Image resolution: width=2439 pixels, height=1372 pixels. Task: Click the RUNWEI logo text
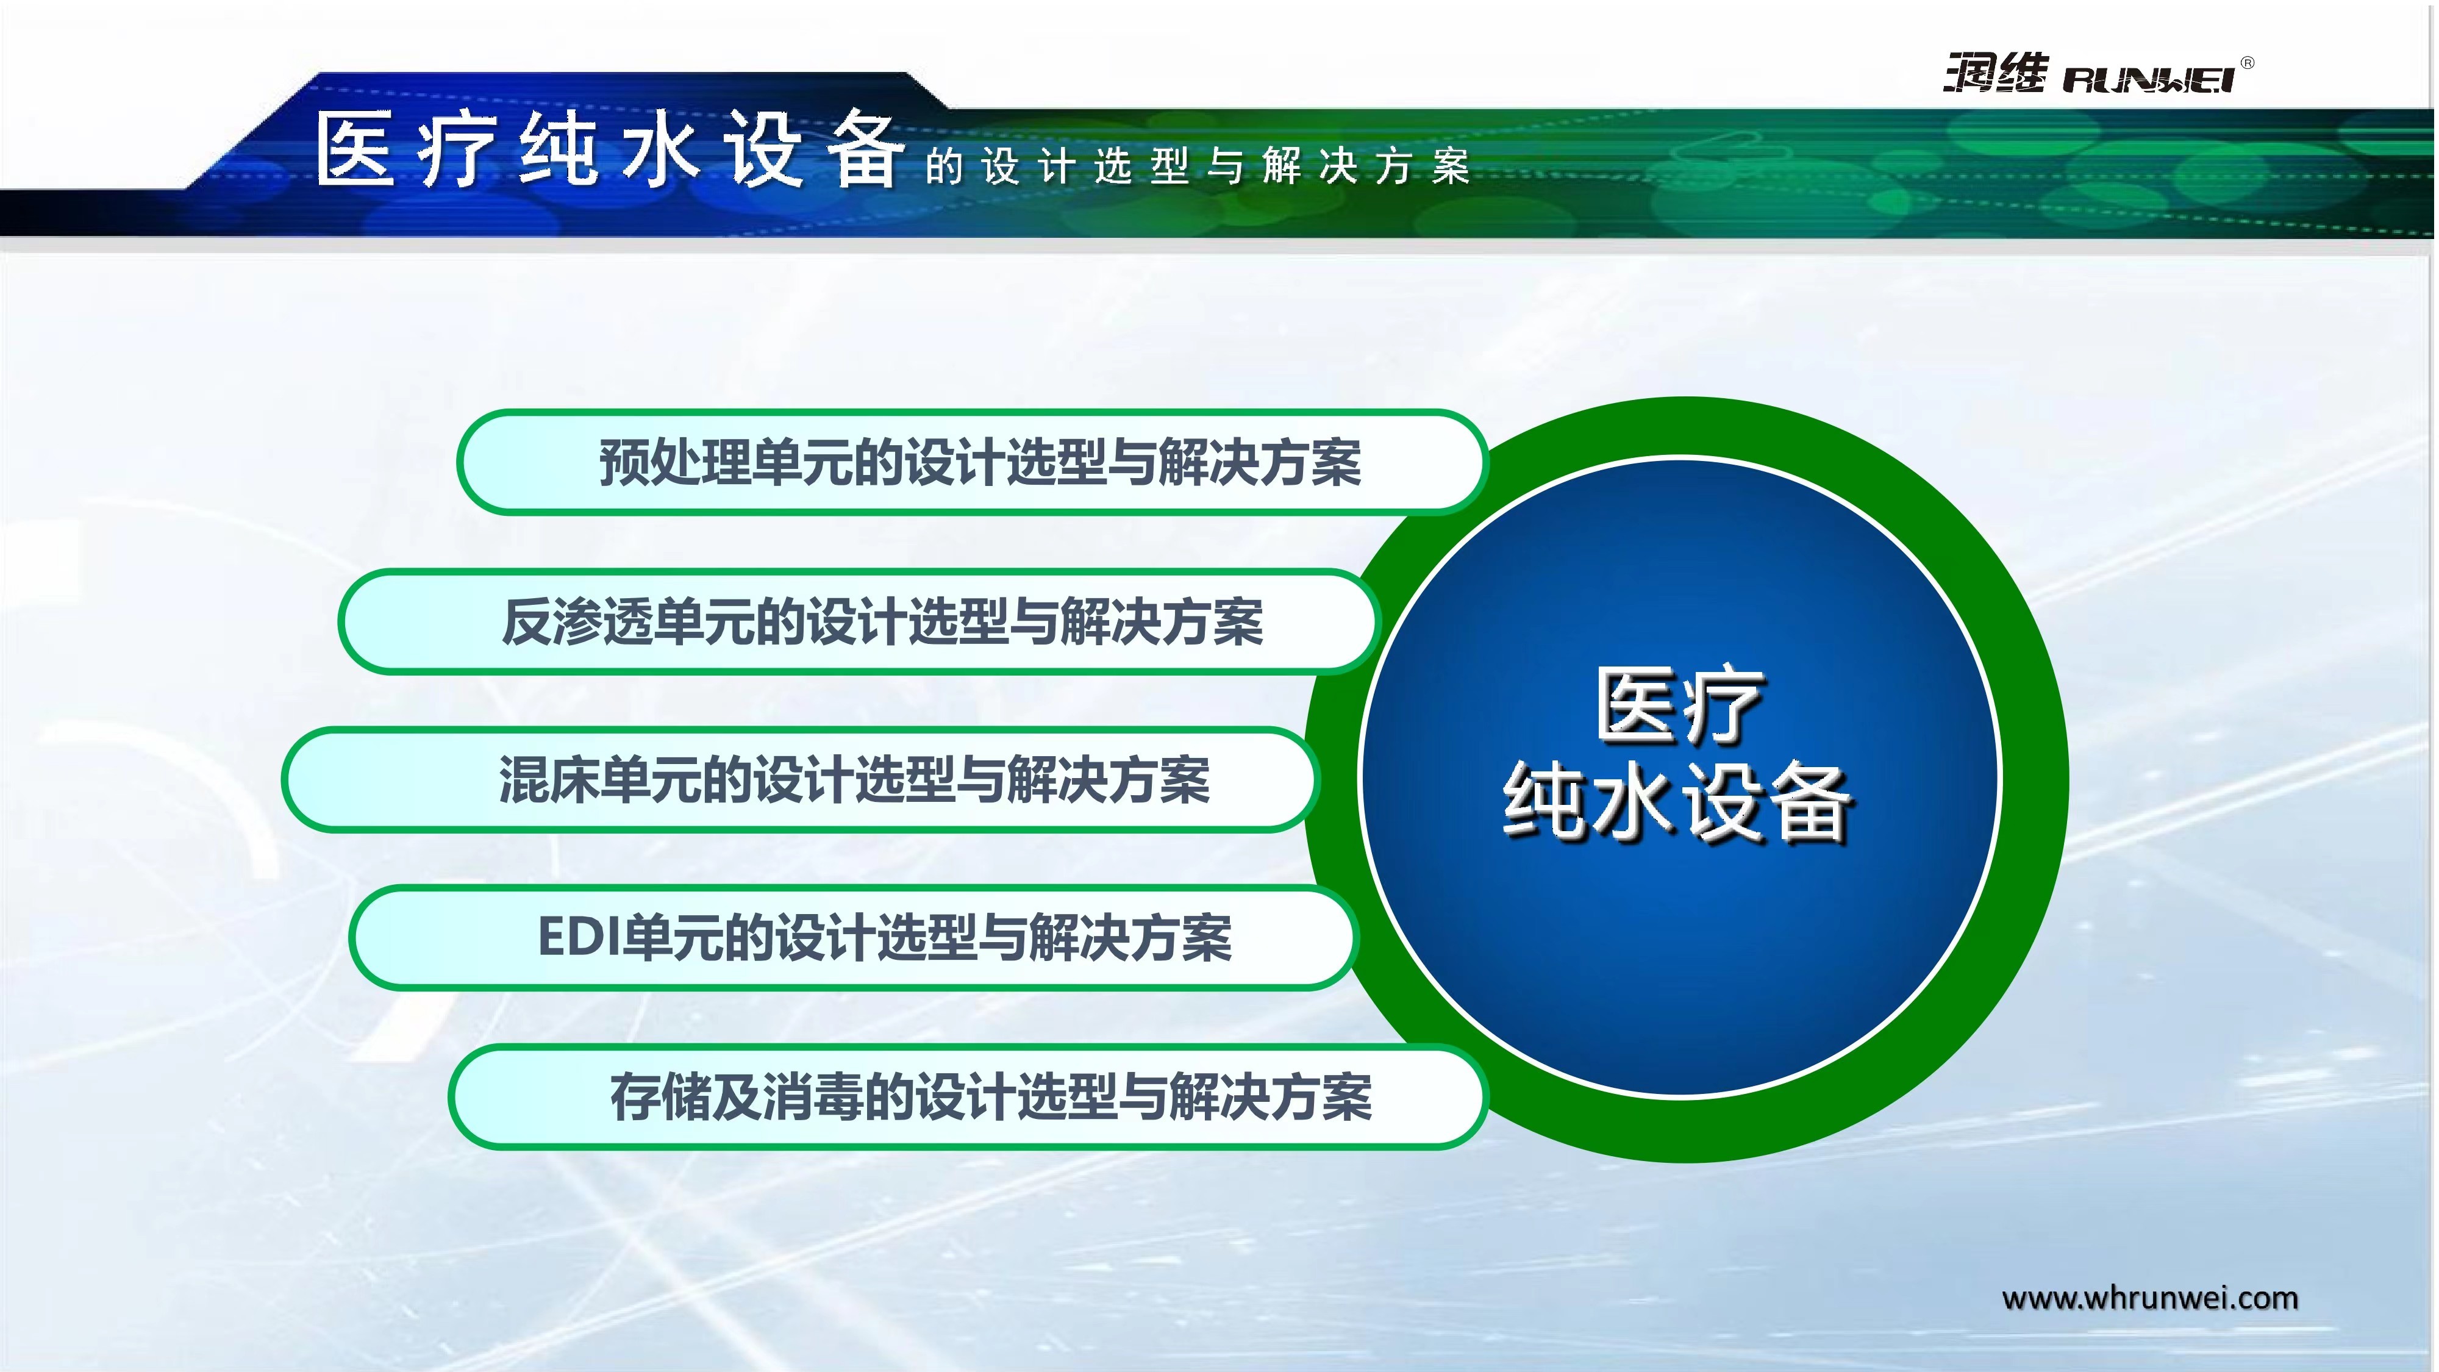[x=2148, y=79]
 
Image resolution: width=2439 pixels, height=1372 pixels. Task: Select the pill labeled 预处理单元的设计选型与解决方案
[x=973, y=462]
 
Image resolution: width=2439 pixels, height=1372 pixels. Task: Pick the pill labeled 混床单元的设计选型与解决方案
[x=801, y=779]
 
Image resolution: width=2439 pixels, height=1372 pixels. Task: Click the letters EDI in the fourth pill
[x=579, y=937]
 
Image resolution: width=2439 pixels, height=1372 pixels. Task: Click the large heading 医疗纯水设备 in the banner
[x=608, y=149]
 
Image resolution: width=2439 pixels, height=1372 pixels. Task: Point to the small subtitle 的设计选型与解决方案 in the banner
[x=1198, y=166]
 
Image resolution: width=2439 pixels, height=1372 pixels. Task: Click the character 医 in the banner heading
[x=355, y=149]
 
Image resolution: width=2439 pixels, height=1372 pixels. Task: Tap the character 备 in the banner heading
[x=863, y=149]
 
